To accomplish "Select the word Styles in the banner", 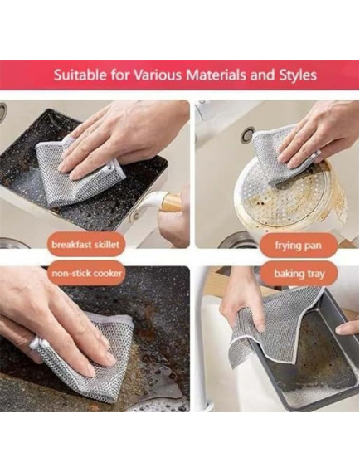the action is click(298, 75).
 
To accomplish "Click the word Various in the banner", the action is click(158, 75).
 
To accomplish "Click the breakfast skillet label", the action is click(85, 244).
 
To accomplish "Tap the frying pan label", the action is click(298, 246).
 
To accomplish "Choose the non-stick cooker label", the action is click(87, 273).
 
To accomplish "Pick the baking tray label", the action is click(299, 274).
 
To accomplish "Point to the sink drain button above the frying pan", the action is click(248, 134).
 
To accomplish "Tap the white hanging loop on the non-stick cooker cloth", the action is click(36, 343).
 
